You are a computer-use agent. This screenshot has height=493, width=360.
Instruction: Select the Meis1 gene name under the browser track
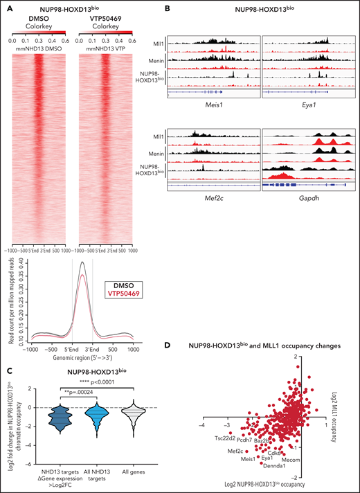coord(217,98)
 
